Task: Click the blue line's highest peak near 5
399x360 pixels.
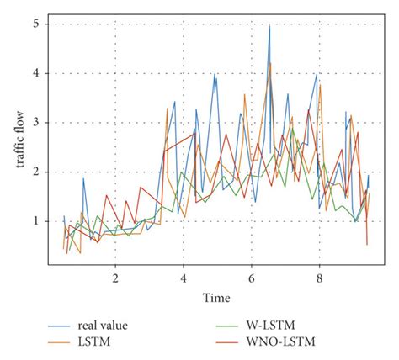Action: (x=269, y=25)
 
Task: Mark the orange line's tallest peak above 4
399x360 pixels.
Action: (x=270, y=63)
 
